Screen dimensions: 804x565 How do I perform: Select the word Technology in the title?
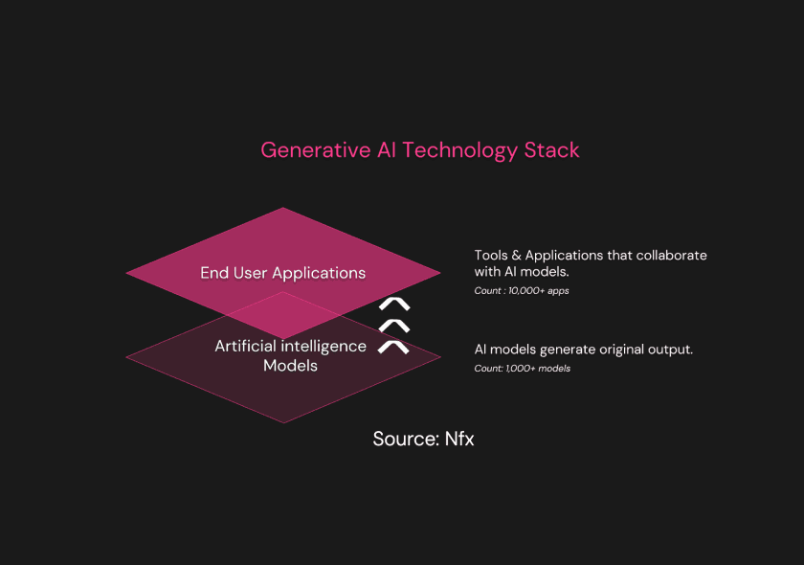coord(460,150)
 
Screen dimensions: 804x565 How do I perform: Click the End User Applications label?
coord(282,273)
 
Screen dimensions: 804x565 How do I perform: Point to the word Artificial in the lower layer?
coord(245,346)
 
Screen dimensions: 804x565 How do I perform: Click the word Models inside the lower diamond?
coord(290,366)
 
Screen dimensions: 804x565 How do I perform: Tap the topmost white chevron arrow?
coord(393,305)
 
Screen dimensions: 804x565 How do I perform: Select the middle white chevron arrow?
coord(393,326)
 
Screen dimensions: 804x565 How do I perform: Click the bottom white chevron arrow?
coord(393,346)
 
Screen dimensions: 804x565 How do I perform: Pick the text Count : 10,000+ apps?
coord(522,291)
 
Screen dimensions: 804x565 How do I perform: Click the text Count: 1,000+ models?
coord(522,369)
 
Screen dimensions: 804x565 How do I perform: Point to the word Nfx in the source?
coord(459,440)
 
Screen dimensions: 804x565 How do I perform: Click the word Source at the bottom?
coord(405,440)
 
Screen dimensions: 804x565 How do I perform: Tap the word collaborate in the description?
coord(672,256)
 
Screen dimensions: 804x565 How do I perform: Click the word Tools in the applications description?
coord(491,256)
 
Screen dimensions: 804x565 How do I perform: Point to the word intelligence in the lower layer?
coord(324,346)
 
